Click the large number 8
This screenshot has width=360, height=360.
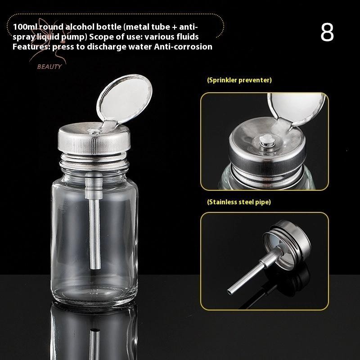coord(327,32)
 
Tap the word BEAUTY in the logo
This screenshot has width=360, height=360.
coord(49,67)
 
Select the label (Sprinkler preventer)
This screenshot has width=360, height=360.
coord(239,80)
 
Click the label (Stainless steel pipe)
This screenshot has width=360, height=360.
coord(239,202)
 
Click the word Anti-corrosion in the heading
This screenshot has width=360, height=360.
coord(183,47)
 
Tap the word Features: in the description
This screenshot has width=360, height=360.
coord(31,47)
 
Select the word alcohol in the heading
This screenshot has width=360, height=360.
coord(80,27)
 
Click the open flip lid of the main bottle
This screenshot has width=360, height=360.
coord(124,99)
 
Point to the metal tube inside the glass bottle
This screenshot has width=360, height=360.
coord(94,220)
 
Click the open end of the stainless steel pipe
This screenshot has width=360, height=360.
coord(229,292)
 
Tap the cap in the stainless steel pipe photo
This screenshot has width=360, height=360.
coord(287,244)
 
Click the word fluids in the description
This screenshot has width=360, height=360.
coord(187,37)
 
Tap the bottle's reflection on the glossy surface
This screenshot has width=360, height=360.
coord(94,333)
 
